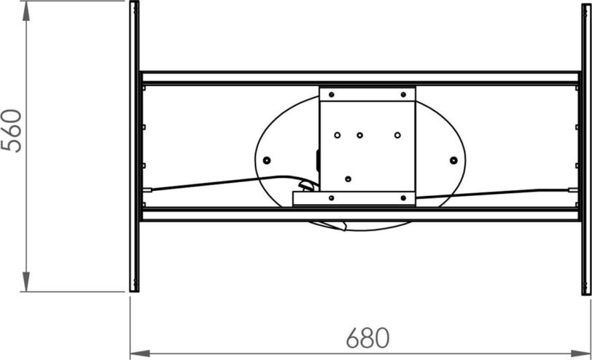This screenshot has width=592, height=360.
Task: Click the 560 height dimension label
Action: pyautogui.click(x=12, y=130)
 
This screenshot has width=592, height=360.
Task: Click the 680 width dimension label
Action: pyautogui.click(x=367, y=338)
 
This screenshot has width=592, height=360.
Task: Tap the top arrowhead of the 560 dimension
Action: pyautogui.click(x=26, y=12)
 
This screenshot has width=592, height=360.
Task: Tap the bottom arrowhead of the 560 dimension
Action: pyautogui.click(x=26, y=281)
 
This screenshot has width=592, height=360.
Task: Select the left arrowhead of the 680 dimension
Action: pyautogui.click(x=140, y=353)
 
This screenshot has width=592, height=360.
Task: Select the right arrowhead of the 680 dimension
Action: pyautogui.click(x=580, y=353)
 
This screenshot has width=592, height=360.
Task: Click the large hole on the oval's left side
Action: pyautogui.click(x=267, y=160)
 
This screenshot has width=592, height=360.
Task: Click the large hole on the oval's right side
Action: pyautogui.click(x=453, y=160)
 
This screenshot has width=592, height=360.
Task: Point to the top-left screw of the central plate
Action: pyautogui.click(x=332, y=94)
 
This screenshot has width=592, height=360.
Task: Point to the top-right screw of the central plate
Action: pyautogui.click(x=403, y=94)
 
